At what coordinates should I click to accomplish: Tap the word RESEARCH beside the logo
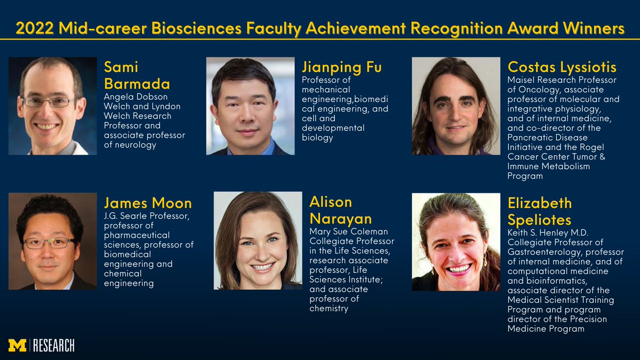53,346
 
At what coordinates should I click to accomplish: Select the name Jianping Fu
341,67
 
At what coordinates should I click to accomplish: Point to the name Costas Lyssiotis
562,67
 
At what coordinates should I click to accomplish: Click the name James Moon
148,203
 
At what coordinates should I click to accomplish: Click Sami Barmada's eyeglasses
50,101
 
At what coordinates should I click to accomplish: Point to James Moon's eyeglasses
50,242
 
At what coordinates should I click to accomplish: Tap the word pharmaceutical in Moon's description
137,235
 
